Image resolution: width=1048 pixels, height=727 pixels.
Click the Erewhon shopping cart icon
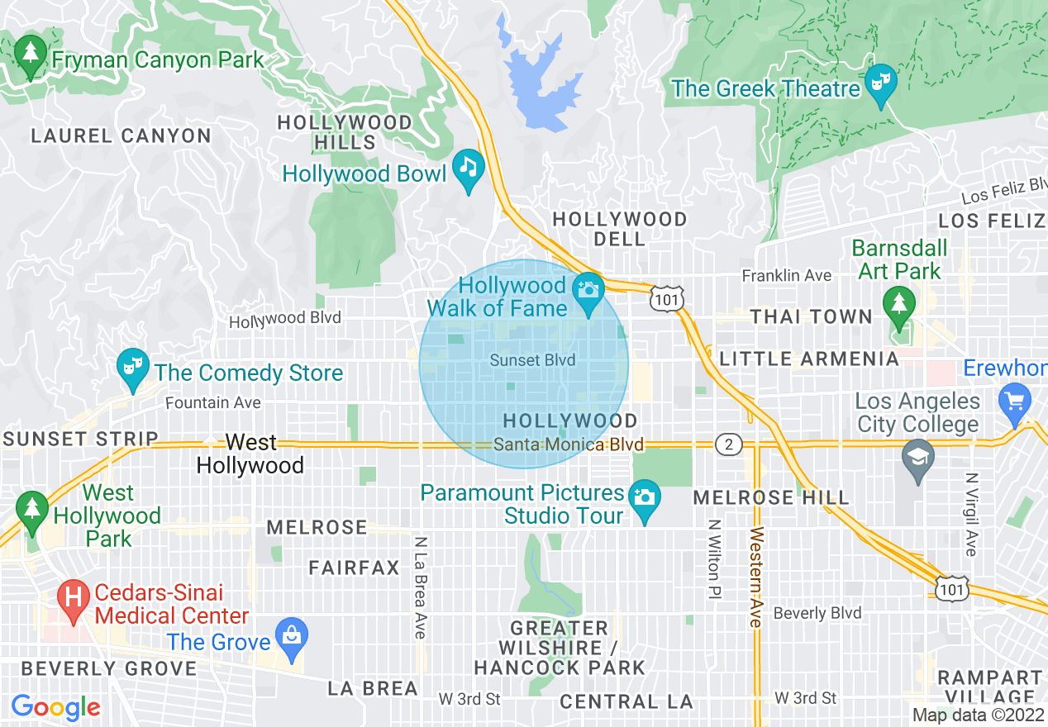tap(1014, 402)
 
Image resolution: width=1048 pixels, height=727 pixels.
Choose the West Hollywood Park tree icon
tap(31, 507)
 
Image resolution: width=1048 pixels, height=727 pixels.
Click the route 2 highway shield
tap(727, 445)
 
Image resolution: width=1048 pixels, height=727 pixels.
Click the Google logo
tap(55, 707)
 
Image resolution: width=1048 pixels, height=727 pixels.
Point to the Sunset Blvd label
tap(532, 360)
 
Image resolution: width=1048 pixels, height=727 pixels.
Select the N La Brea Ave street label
tap(420, 587)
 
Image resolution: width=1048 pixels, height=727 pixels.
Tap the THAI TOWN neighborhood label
tap(811, 317)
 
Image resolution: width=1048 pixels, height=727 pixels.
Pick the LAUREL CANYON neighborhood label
tap(121, 135)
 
